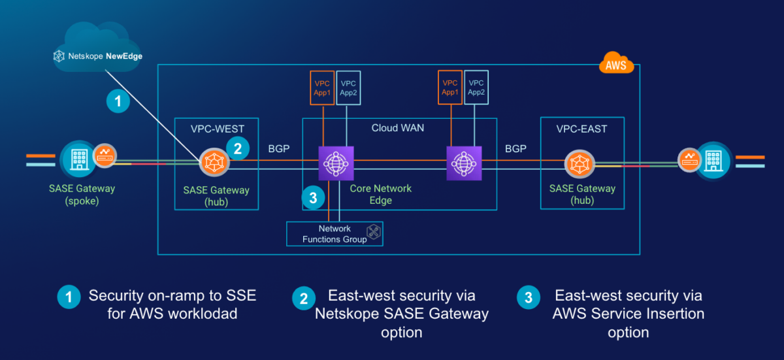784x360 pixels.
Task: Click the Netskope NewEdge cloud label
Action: coord(98,56)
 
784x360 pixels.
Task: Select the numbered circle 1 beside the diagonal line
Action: coord(118,101)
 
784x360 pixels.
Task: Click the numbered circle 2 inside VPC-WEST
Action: coord(237,149)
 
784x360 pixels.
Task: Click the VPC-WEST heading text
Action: coord(216,129)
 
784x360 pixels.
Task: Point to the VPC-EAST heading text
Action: coord(582,129)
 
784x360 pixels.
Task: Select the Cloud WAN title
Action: coord(398,127)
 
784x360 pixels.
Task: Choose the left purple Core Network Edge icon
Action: coord(336,162)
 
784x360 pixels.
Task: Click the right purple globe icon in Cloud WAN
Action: coord(464,162)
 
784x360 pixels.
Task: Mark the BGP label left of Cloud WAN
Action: coord(280,150)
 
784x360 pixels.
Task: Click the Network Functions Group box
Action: coord(335,234)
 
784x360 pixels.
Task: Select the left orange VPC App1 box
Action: coord(323,88)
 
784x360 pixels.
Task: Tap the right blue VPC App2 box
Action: coord(476,88)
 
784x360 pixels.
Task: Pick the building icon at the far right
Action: coord(713,159)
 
